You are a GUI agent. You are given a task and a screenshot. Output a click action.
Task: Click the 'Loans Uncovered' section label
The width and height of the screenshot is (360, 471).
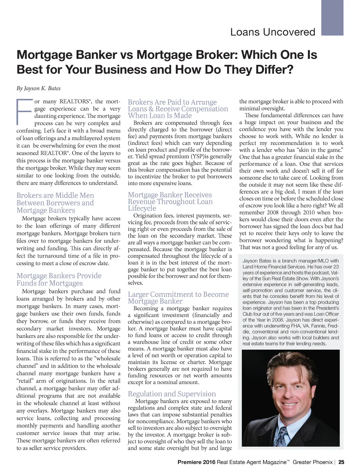pyautogui.click(x=272, y=32)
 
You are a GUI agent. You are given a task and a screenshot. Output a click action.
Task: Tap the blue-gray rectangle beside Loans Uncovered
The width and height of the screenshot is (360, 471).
pyautogui.click(x=332, y=18)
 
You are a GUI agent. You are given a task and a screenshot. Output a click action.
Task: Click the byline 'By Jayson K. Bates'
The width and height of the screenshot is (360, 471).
pyautogui.click(x=39, y=88)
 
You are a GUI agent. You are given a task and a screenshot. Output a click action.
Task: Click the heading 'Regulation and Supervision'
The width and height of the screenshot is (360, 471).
pyautogui.click(x=172, y=394)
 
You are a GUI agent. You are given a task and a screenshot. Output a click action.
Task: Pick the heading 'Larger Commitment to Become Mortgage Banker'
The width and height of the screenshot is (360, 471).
pyautogui.click(x=178, y=298)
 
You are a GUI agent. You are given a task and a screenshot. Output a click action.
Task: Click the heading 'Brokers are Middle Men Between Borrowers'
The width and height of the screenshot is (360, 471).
pyautogui.click(x=55, y=203)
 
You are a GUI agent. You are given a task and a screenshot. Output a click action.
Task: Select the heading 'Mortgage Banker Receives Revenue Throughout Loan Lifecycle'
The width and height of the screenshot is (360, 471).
pyautogui.click(x=170, y=202)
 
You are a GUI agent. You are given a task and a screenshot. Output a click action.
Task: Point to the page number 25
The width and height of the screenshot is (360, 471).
pyautogui.click(x=341, y=462)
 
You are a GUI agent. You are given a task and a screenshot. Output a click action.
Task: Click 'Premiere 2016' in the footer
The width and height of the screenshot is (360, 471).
pyautogui.click(x=197, y=462)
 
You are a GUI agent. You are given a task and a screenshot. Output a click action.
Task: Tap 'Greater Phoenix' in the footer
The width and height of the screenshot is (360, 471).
pyautogui.click(x=313, y=462)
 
